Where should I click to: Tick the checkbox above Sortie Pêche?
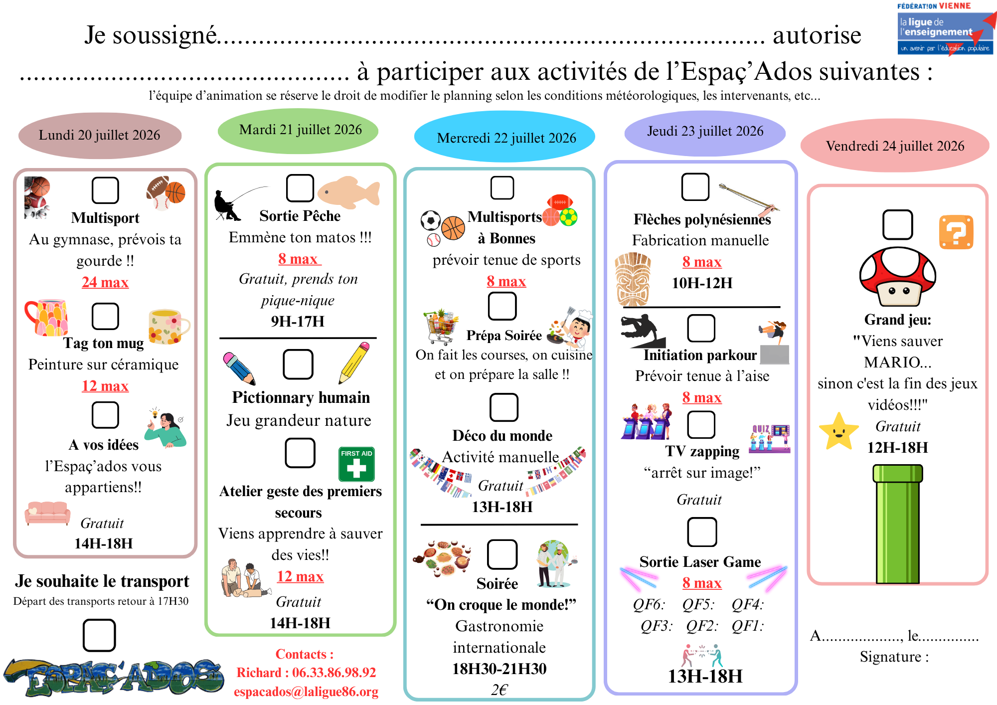click(300, 188)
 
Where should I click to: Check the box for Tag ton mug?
click(105, 316)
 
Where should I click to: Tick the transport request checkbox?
click(99, 635)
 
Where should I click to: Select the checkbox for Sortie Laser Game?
click(702, 532)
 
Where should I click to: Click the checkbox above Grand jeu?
click(897, 225)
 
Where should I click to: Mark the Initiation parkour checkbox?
click(701, 328)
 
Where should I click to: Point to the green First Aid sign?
click(356, 464)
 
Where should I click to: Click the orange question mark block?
click(956, 232)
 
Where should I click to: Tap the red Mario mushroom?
click(897, 277)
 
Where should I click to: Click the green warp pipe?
click(897, 524)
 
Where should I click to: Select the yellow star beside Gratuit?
click(838, 431)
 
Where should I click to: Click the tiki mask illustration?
click(633, 279)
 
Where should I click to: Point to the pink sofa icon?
click(48, 513)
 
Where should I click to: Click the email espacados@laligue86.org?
click(306, 692)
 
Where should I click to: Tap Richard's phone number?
click(334, 673)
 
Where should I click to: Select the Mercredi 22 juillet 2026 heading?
click(506, 138)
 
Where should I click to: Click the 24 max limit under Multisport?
click(105, 282)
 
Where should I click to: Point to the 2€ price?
click(499, 690)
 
